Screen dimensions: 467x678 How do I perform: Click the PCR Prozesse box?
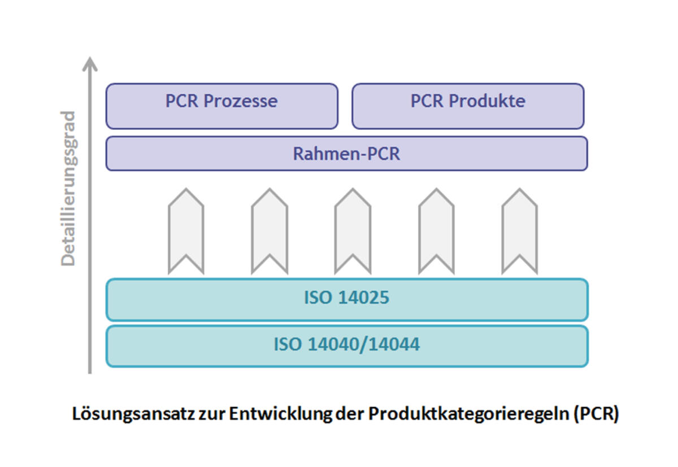221,106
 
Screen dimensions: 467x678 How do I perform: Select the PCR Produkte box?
468,106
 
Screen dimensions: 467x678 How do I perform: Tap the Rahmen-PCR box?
346,153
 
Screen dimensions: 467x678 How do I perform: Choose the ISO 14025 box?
346,299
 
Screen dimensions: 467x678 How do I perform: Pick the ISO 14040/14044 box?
346,346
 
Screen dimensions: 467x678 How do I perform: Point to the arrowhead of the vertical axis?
89,63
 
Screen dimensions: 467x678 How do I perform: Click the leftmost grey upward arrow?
186,232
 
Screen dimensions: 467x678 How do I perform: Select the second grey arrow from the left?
269,232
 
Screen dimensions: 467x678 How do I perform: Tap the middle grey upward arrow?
353,232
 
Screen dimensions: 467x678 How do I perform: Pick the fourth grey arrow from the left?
436,232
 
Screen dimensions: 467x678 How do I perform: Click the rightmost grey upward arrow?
519,232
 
